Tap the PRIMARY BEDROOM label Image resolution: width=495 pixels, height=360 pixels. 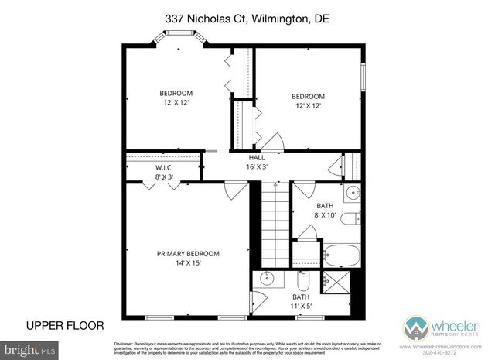click(x=188, y=253)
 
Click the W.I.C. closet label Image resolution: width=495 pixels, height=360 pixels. click(x=163, y=167)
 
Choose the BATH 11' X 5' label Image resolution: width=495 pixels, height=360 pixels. click(x=300, y=302)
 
